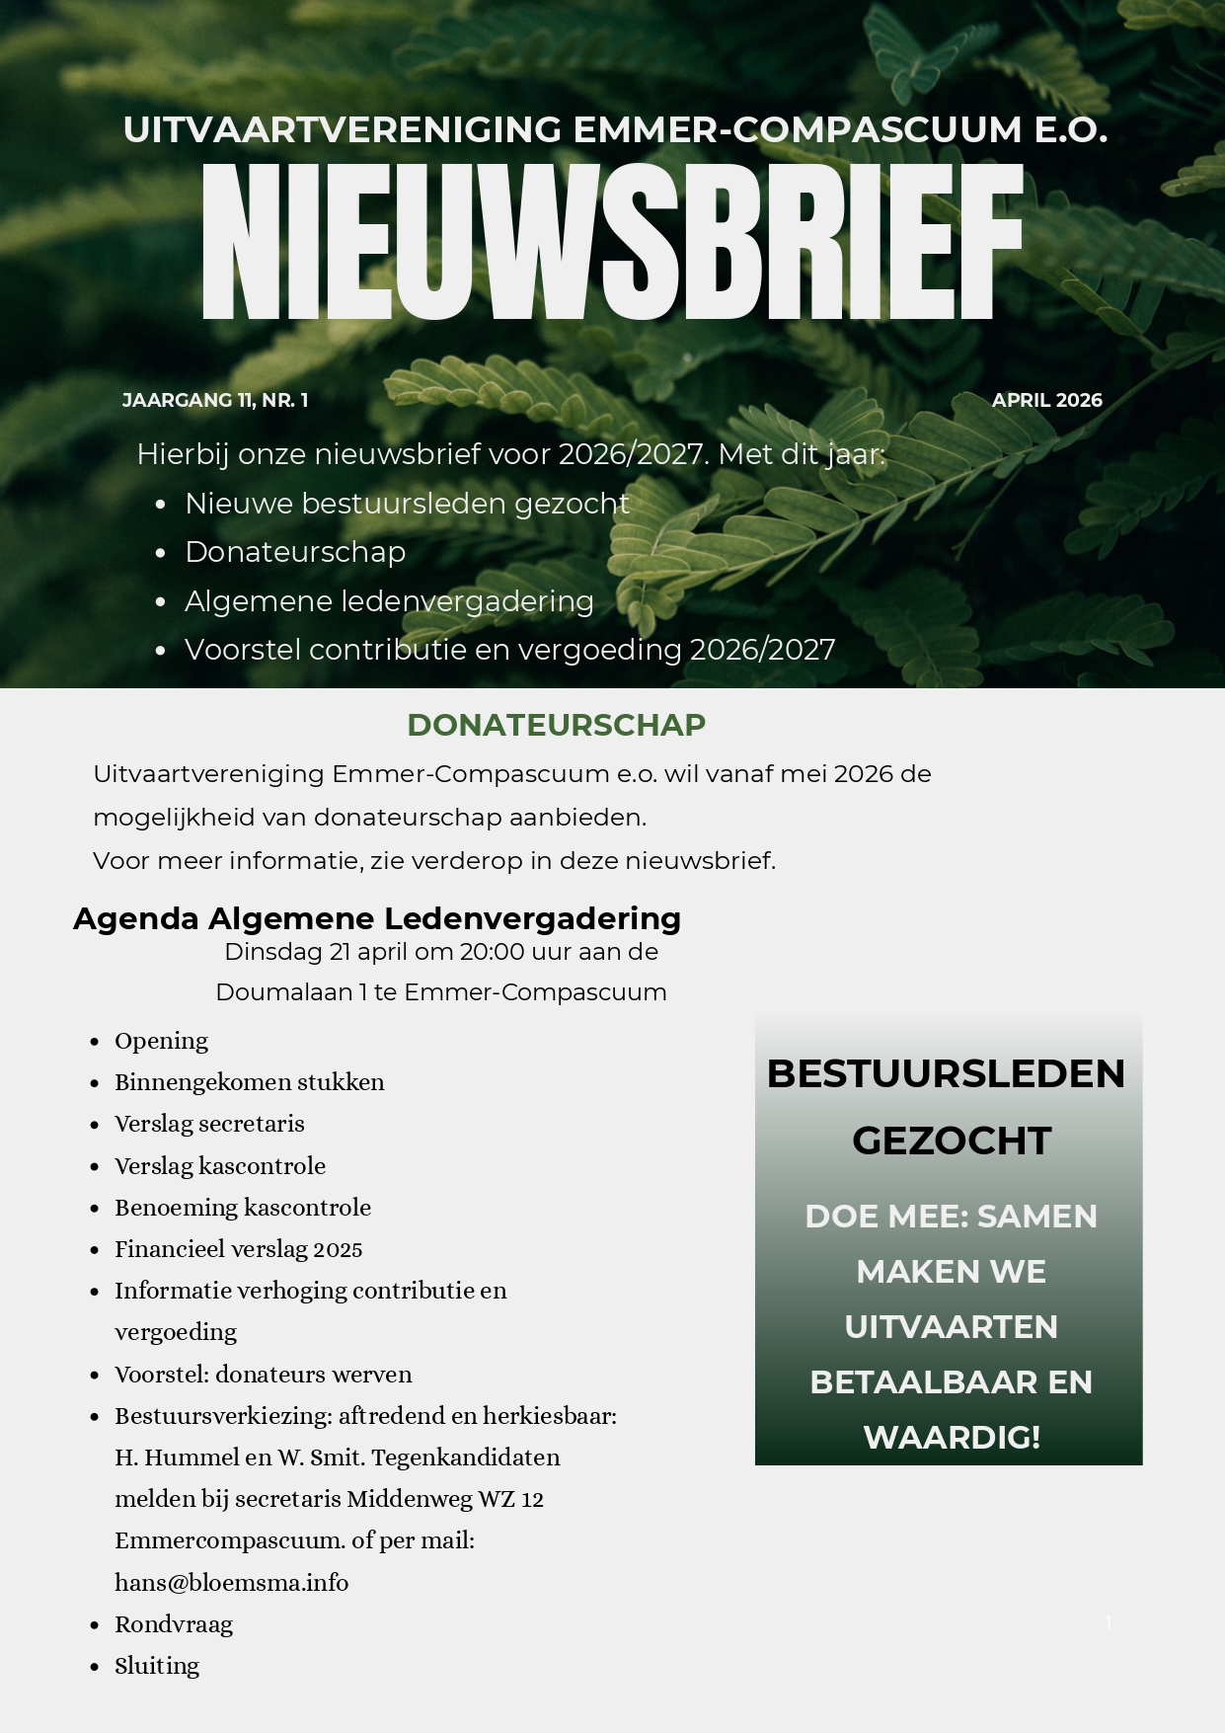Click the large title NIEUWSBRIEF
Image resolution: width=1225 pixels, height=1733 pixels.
[x=612, y=242]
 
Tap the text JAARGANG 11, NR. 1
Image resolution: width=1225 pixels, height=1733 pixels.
[x=215, y=400]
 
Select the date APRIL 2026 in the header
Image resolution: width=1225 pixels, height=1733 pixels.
[x=1046, y=400]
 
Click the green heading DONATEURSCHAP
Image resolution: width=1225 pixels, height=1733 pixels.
[x=556, y=725]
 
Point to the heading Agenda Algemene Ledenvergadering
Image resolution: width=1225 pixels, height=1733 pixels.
[x=377, y=918]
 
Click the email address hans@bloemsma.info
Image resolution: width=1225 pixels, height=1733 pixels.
[x=232, y=1583]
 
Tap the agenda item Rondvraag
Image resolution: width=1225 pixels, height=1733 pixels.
[x=174, y=1624]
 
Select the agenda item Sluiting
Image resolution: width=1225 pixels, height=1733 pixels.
[x=157, y=1666]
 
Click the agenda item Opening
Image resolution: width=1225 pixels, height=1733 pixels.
[x=161, y=1041]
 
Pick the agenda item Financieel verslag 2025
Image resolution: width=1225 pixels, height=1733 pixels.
[x=239, y=1249]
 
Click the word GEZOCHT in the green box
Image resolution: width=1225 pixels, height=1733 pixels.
[x=951, y=1141]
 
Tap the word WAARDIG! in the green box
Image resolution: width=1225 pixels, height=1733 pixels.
[x=952, y=1437]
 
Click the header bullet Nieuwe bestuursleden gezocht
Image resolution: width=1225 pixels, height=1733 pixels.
[x=407, y=504]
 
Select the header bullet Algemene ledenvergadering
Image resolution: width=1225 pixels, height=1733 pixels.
[x=389, y=601]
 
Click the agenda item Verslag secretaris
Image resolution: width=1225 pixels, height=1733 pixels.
[x=209, y=1124]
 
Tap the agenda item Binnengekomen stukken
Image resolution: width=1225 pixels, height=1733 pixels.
[x=250, y=1082]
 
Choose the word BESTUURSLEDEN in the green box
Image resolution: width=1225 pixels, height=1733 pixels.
[x=946, y=1073]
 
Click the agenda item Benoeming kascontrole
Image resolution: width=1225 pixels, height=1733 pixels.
[x=243, y=1208]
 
